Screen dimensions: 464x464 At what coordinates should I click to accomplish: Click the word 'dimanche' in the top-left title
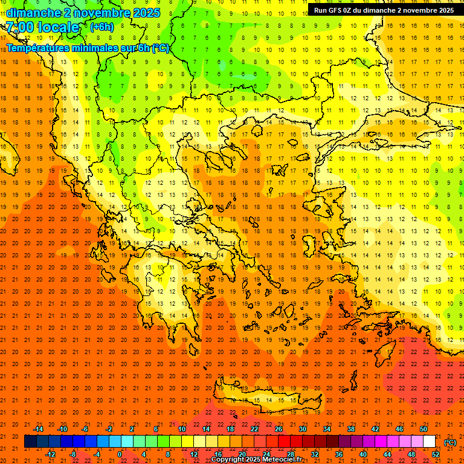click(x=30, y=13)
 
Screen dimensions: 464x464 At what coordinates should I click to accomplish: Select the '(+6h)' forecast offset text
click(x=101, y=27)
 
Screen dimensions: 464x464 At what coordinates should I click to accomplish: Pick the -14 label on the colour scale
click(x=38, y=429)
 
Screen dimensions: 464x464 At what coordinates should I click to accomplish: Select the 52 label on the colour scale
click(x=436, y=454)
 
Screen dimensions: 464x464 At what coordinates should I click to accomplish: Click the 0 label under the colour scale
click(x=120, y=454)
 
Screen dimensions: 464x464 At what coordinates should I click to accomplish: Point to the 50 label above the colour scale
click(x=424, y=429)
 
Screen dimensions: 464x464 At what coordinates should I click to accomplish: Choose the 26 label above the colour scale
click(x=279, y=429)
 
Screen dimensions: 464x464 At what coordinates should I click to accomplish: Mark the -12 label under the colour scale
click(x=50, y=454)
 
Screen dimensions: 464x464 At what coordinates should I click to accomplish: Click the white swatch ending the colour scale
click(x=429, y=442)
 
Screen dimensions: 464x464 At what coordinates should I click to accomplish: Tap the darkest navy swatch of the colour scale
click(x=30, y=442)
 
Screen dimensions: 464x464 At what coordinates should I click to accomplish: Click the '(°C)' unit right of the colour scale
click(x=449, y=442)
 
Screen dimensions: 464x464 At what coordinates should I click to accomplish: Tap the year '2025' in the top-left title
click(x=147, y=13)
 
